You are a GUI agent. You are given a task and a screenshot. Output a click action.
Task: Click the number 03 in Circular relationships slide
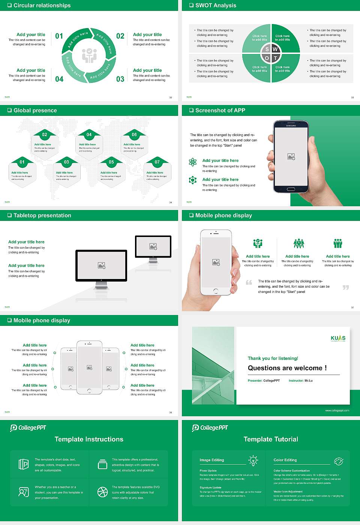120,79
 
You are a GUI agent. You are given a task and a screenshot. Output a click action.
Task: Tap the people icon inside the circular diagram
89,55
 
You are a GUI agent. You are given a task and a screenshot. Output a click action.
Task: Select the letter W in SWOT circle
275,49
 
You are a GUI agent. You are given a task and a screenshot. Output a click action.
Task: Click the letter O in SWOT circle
267,58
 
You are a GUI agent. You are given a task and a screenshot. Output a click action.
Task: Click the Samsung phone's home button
291,189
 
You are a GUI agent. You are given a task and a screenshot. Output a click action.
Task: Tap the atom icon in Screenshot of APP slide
193,162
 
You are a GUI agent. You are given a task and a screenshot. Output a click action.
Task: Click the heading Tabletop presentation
42,216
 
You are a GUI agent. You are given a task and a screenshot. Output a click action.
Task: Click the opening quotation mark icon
249,282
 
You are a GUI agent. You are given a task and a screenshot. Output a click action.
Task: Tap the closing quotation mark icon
346,287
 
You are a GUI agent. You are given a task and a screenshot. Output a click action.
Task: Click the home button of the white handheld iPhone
216,291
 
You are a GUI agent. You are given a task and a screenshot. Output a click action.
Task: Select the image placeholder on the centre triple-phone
89,367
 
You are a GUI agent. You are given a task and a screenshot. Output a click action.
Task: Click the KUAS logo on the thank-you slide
338,338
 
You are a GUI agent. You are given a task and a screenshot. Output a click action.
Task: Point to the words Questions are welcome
287,368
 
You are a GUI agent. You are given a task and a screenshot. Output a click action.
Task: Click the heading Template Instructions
89,439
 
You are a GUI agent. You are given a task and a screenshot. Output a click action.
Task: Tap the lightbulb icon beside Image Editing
253,460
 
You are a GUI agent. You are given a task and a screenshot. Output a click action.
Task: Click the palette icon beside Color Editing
338,461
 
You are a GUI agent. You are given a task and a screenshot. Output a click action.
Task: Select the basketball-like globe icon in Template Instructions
102,492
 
